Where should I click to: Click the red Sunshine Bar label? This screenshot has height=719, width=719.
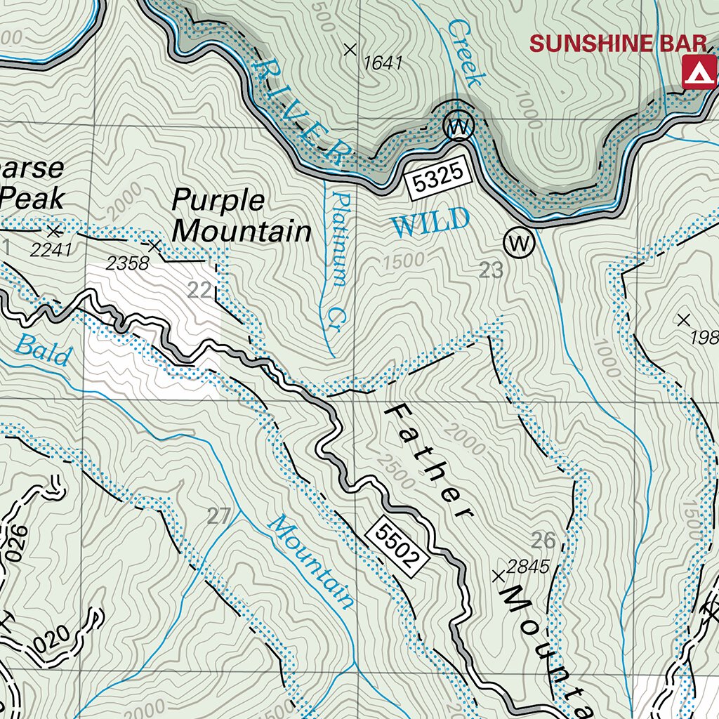click(x=618, y=44)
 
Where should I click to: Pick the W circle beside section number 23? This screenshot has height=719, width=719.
click(x=519, y=244)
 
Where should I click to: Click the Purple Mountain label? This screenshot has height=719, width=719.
click(x=241, y=216)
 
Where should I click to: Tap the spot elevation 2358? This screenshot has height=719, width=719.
click(x=128, y=263)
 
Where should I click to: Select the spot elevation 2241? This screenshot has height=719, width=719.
click(x=51, y=249)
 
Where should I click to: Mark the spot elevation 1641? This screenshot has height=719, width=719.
click(x=383, y=63)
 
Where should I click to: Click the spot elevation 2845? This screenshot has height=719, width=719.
click(x=527, y=567)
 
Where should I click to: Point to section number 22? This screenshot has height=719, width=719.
click(x=200, y=290)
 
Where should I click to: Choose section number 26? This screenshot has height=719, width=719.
click(x=543, y=540)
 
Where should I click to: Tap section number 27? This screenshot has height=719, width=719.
click(x=218, y=517)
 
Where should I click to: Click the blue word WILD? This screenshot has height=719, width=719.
click(x=430, y=223)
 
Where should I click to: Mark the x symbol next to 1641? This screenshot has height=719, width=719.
click(x=350, y=49)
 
